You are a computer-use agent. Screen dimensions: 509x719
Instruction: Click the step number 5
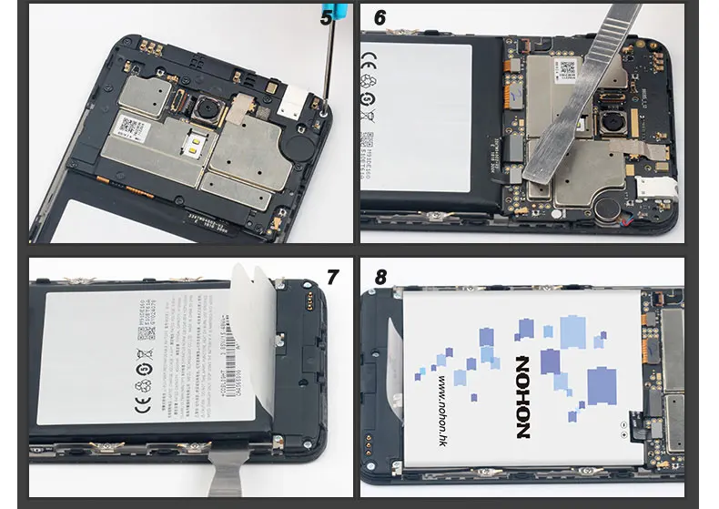325,15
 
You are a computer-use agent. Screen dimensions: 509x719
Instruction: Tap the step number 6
380,17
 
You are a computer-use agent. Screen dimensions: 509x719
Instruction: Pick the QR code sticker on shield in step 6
568,68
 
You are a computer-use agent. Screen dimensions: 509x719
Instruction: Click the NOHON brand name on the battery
522,392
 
